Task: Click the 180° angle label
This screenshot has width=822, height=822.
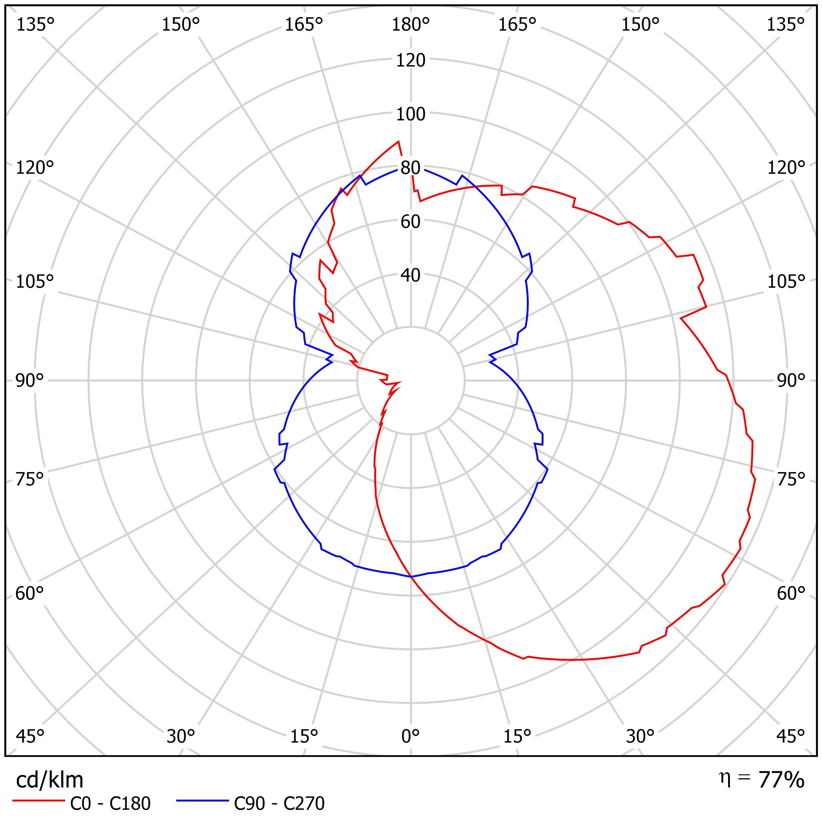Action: coord(411,25)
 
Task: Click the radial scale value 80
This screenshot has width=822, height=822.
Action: coord(411,168)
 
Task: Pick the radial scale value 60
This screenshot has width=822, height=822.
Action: coord(411,222)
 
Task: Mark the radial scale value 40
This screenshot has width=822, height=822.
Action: coord(411,275)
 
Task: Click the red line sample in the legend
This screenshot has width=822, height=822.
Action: coord(38,801)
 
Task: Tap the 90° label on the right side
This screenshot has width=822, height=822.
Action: coord(791,380)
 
